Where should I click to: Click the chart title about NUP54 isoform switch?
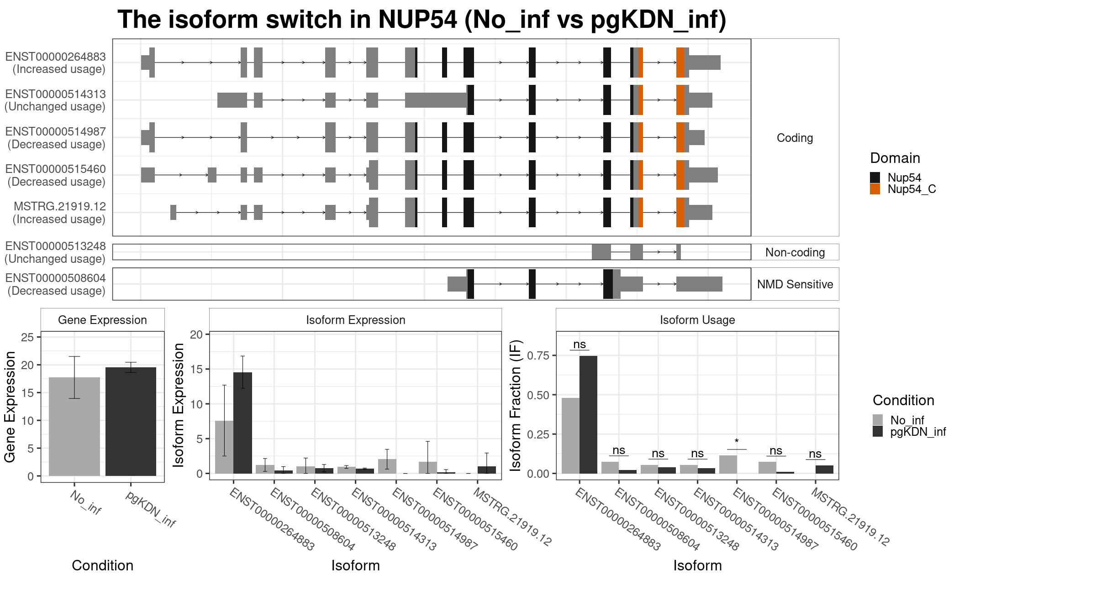422,20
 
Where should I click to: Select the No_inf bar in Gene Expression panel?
74,427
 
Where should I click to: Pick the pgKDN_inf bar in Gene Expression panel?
131,422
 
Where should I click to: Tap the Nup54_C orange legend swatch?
875,189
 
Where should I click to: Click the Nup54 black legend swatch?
875,177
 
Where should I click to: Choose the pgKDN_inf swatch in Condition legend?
878,432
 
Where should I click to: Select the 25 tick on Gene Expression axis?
27,337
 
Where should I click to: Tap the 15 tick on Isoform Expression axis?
196,369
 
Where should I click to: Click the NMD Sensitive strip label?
795,284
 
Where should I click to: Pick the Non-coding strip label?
795,252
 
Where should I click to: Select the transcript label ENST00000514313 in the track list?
56,94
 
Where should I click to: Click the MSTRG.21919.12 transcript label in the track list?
60,207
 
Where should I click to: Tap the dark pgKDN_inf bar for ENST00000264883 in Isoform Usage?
588,415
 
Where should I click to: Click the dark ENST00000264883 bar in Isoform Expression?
242,423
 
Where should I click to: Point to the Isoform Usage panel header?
697,320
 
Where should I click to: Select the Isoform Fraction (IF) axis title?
516,405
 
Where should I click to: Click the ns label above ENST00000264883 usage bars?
579,345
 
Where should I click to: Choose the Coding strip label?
795,138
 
